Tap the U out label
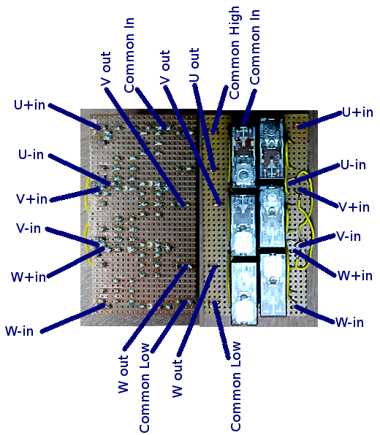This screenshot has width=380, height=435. coord(194,66)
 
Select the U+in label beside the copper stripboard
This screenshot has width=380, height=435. coord(29,105)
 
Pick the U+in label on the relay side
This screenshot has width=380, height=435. coord(357,112)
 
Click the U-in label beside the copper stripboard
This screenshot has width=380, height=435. coord(31,154)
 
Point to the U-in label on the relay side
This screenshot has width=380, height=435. coord(353,165)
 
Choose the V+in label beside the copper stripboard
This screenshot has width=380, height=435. coord(31,199)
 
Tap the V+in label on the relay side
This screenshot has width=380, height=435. coord(354,207)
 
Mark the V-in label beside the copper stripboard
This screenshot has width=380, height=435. coord(28,228)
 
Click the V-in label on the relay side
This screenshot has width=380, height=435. coord(349,236)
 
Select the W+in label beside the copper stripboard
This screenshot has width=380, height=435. coord(28,277)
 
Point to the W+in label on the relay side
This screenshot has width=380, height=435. coord(354,275)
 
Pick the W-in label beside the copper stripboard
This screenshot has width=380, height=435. coord(20,331)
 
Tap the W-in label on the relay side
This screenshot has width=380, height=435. coord(349,322)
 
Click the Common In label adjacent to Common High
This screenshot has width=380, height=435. coord(255,47)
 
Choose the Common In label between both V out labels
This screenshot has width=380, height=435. coord(129,55)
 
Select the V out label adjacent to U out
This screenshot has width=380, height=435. coord(165,67)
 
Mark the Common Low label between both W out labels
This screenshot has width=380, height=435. coord(144,388)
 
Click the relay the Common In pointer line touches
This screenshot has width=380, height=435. coord(243,156)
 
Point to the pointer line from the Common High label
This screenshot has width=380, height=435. coord(220,109)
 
